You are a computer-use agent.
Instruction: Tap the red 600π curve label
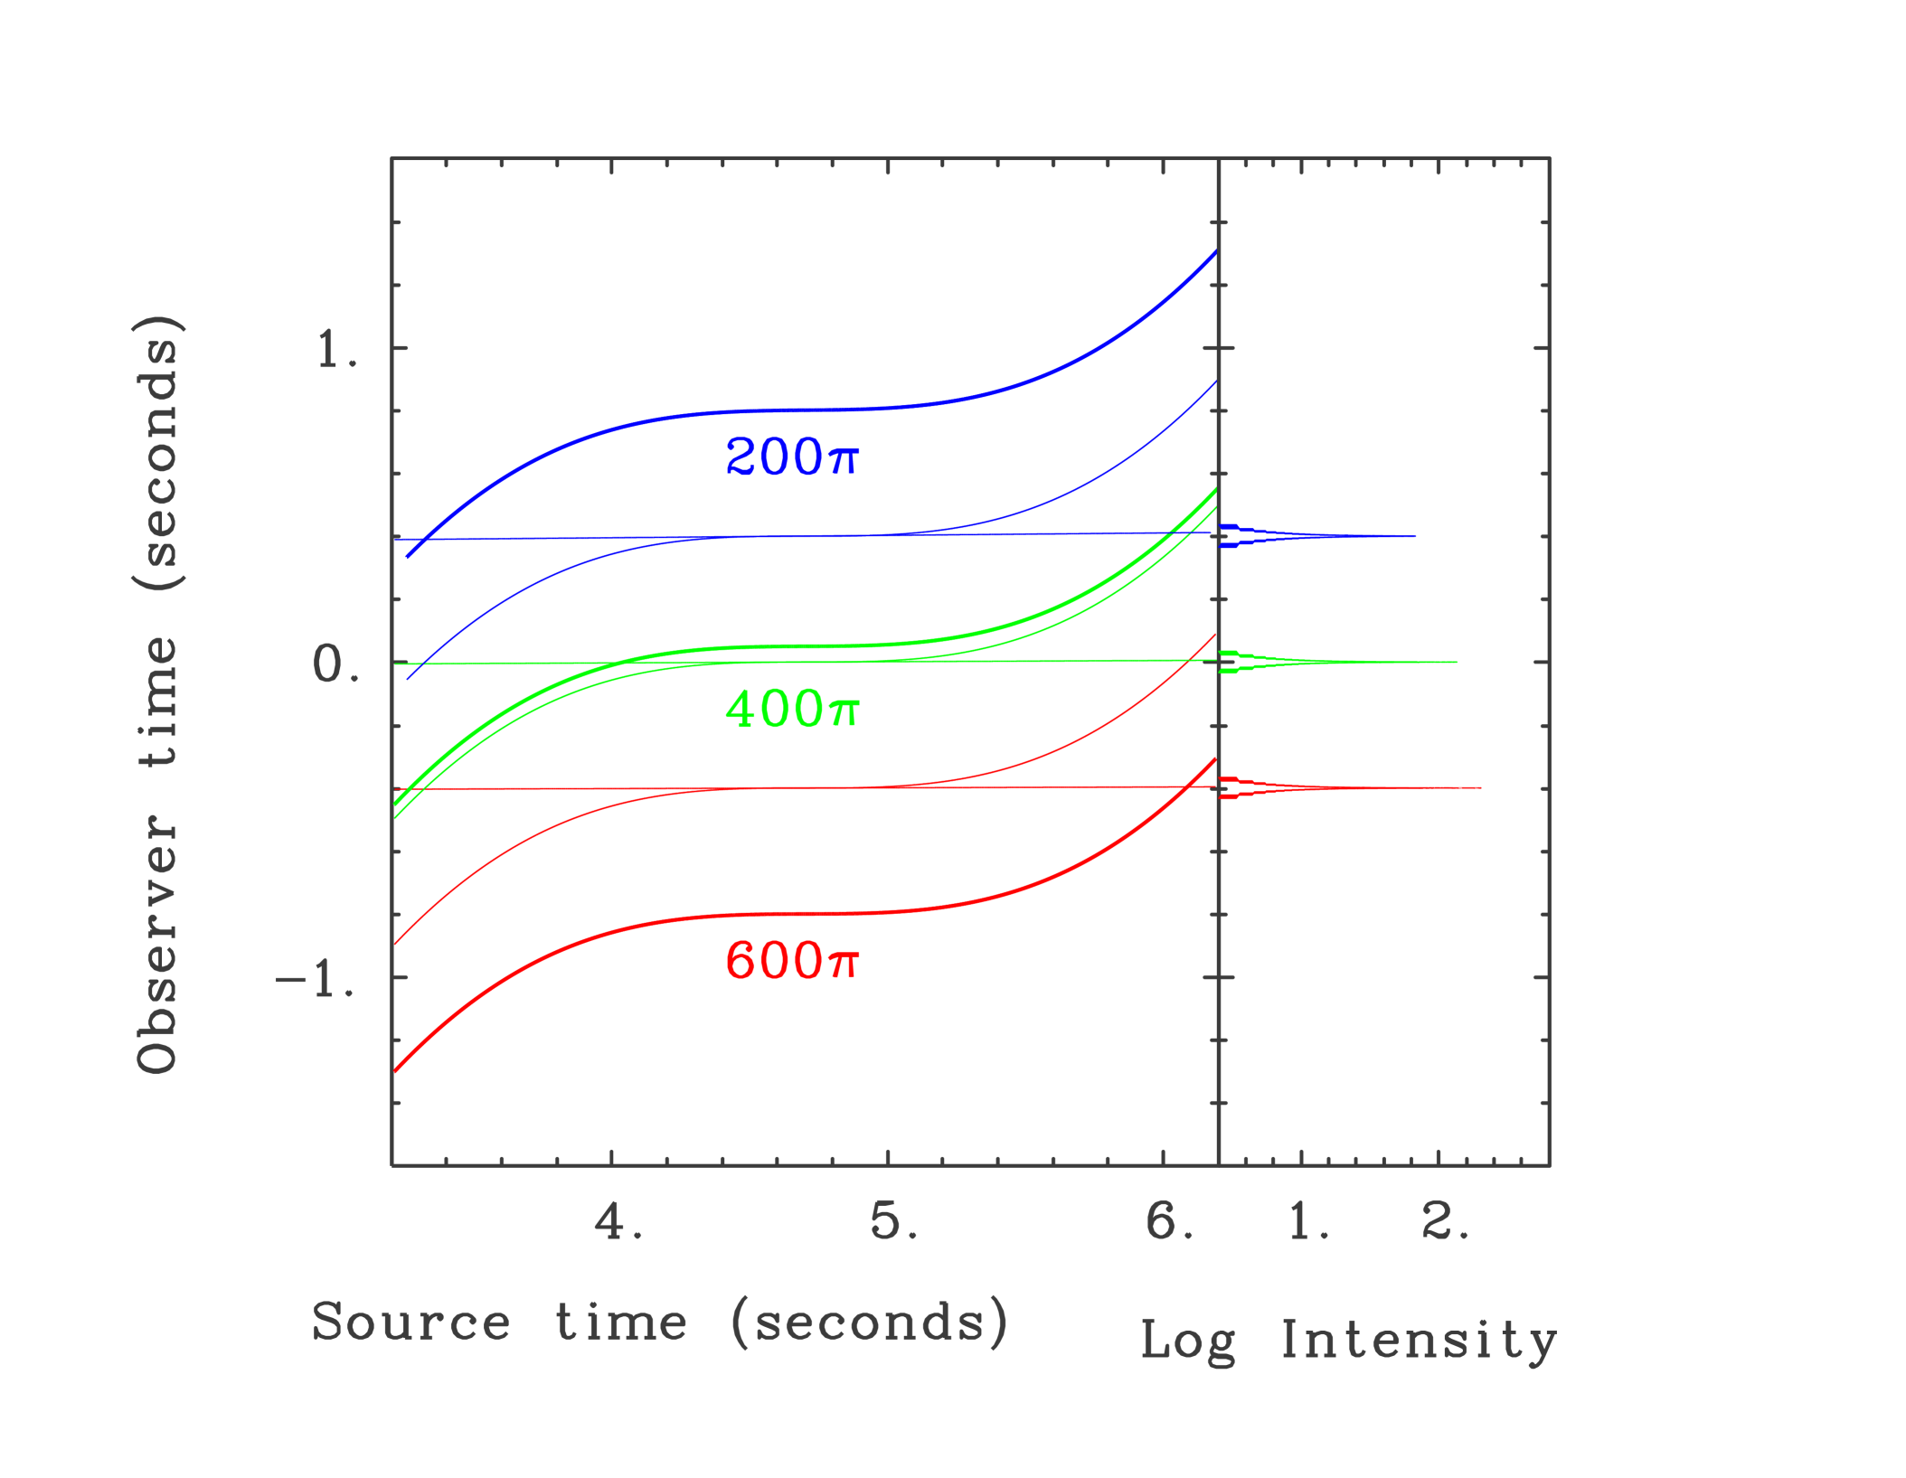pos(791,960)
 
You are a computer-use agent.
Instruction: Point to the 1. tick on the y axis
pos(337,349)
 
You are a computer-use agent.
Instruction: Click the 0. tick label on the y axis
pos(335,664)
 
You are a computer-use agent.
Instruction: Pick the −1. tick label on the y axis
pos(316,979)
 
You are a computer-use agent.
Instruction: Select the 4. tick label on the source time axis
pos(618,1221)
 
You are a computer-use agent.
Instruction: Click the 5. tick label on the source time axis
pos(893,1221)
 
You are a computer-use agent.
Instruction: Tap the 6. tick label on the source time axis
pos(1169,1221)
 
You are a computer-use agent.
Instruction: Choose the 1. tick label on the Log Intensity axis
pos(1307,1221)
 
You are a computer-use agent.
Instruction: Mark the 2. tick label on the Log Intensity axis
pos(1445,1221)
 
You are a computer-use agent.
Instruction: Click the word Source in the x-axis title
pos(411,1323)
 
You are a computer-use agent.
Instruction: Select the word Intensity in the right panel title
pos(1418,1340)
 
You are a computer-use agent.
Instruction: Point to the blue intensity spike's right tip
pos(1415,537)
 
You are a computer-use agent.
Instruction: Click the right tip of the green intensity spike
pos(1457,663)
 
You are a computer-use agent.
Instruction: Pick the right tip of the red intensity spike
pos(1480,788)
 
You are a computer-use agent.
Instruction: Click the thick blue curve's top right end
pos(1215,252)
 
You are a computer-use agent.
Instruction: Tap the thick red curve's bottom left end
pos(395,1071)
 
